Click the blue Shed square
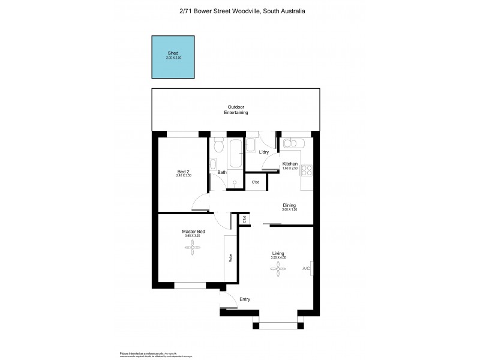[173, 57]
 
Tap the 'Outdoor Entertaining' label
[236, 110]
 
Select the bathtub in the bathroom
[234, 154]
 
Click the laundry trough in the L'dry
[251, 145]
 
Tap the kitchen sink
[294, 143]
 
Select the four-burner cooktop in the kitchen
[307, 170]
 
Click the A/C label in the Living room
[306, 268]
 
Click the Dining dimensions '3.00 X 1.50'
[290, 209]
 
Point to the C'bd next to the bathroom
[255, 182]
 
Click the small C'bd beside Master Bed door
[244, 220]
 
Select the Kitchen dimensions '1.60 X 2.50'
[290, 169]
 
